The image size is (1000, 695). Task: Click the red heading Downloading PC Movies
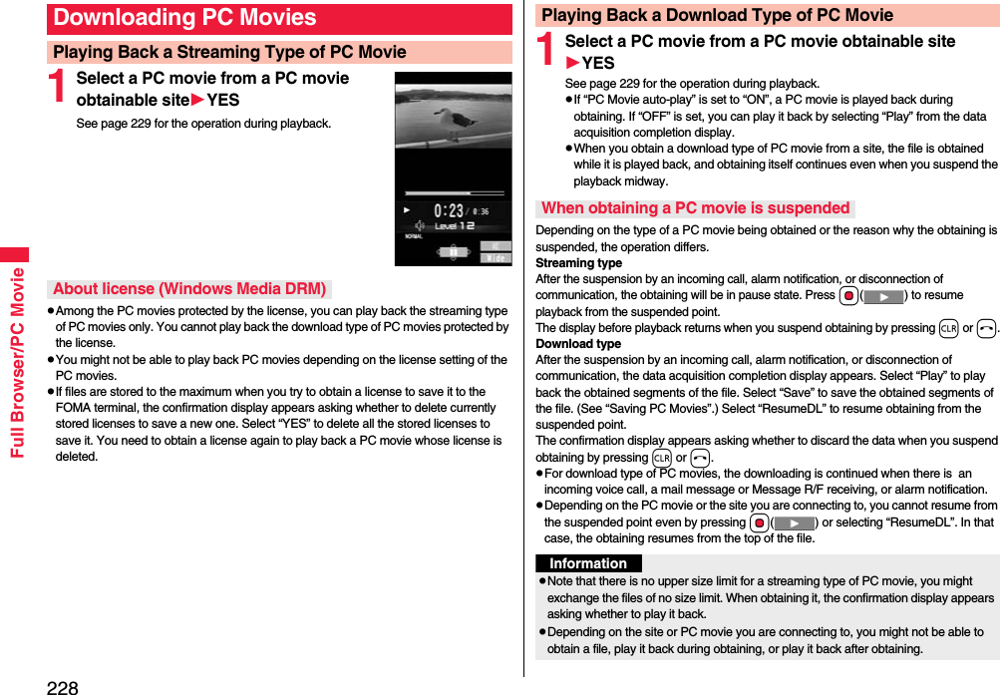pos(185,18)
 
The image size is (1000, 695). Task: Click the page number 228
pos(62,686)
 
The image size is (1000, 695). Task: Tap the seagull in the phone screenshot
pos(460,122)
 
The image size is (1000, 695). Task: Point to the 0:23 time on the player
pos(448,210)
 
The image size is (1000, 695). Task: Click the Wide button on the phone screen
pos(496,257)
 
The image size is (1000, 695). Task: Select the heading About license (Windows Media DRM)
pos(189,289)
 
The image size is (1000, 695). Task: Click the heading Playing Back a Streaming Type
pos(229,52)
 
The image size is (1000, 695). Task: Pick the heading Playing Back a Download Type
pos(717,15)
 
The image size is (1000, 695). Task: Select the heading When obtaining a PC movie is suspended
pos(695,208)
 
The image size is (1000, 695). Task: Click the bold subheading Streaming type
pos(578,263)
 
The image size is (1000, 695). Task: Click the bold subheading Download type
pos(578,344)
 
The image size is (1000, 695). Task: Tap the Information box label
pos(587,563)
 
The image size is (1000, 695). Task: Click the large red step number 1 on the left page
pos(60,88)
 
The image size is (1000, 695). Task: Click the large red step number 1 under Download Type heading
pos(547,51)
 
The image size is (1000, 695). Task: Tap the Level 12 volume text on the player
pos(454,226)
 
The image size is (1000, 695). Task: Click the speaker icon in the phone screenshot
pos(420,209)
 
